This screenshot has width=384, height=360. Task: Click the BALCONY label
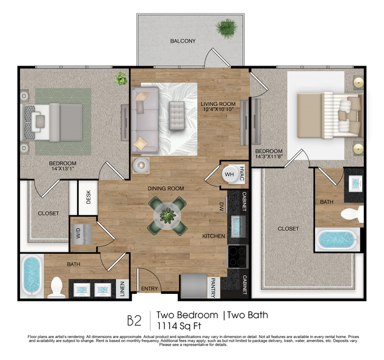click(x=183, y=41)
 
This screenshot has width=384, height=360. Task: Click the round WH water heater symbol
click(x=230, y=174)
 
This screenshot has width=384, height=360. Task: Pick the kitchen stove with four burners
click(x=237, y=256)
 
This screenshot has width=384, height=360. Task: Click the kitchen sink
click(x=237, y=225)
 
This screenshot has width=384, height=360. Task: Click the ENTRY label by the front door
click(x=149, y=289)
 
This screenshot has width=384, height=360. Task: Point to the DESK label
click(x=88, y=197)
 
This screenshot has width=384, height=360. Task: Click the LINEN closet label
click(x=122, y=287)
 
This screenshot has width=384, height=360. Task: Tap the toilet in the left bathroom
click(x=57, y=286)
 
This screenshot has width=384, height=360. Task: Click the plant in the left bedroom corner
click(x=121, y=78)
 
